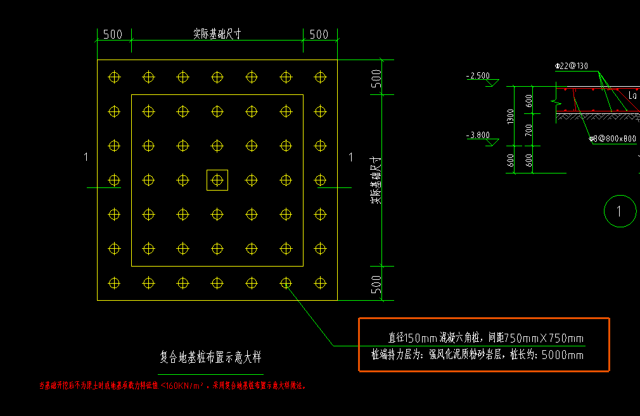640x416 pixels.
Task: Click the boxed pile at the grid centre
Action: (x=217, y=180)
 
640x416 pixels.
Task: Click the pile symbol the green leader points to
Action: (x=286, y=282)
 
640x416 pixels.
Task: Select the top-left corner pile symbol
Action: (x=114, y=77)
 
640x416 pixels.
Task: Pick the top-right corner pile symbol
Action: (x=320, y=77)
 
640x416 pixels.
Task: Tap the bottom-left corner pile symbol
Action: (x=114, y=282)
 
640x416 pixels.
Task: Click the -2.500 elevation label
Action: (x=478, y=76)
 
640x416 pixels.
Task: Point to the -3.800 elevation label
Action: (x=477, y=135)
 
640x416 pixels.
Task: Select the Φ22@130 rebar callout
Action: (x=571, y=66)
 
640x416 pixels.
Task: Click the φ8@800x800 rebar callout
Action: (x=612, y=138)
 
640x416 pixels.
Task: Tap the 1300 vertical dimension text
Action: (x=511, y=116)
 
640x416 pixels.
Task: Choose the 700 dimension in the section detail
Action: (x=529, y=130)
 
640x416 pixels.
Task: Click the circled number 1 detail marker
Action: (x=620, y=211)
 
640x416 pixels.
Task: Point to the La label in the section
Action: (x=632, y=95)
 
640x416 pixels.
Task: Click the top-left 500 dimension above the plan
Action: (x=112, y=34)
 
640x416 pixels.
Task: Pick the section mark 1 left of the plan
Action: (x=86, y=157)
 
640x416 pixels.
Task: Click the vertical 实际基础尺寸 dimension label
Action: (x=375, y=180)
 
